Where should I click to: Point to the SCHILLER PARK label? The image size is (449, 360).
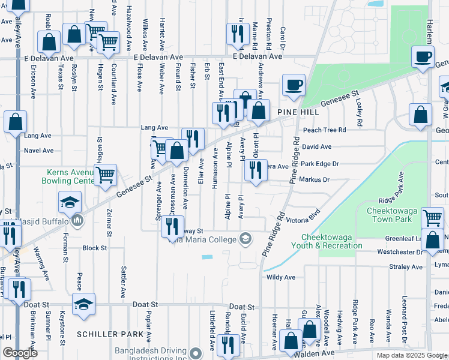tap(110, 334)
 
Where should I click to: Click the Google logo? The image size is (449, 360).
tap(20, 353)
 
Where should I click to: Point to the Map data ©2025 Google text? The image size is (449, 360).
tap(411, 356)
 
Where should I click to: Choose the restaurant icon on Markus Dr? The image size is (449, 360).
tap(256, 172)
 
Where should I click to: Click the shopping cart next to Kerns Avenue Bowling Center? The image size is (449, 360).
tap(105, 175)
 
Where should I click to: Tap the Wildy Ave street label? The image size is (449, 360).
tap(281, 278)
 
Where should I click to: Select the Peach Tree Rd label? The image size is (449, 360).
tap(325, 130)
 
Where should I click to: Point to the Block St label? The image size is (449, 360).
tap(94, 248)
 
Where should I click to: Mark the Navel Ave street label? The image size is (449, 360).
tap(39, 151)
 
